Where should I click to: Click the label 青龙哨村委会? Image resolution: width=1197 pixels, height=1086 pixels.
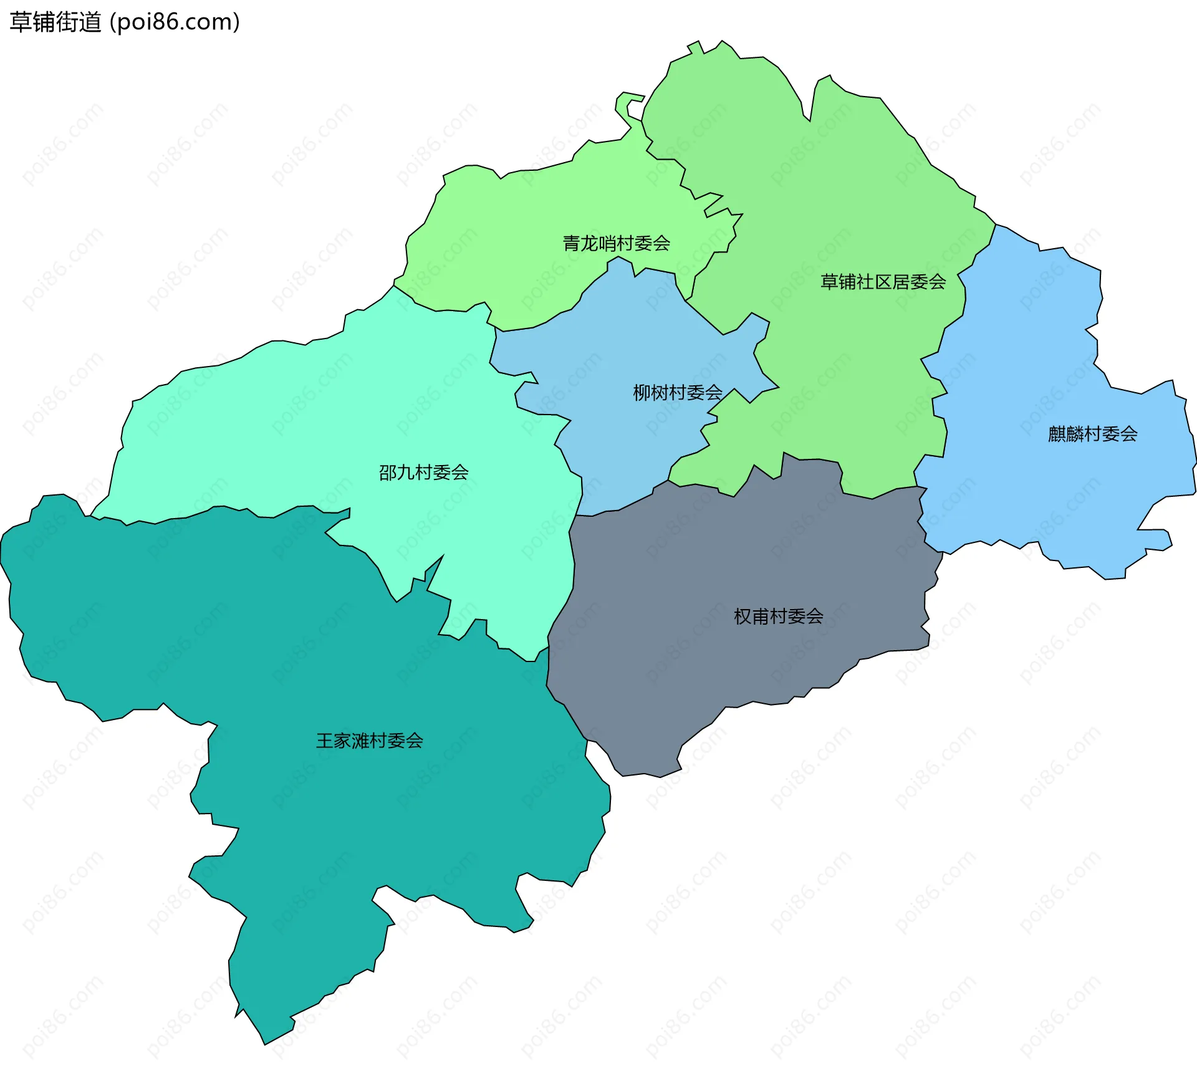coord(616,243)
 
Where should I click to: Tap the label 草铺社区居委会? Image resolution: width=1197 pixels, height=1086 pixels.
coord(883,282)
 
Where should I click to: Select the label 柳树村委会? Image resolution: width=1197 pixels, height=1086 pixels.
coord(677,392)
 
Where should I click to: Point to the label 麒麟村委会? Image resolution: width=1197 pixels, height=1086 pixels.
coord(1092,434)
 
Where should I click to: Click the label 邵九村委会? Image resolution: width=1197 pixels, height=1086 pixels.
coord(423,473)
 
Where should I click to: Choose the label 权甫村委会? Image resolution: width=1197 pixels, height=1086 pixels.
coord(778,617)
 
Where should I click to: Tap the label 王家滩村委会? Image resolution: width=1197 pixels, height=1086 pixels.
coord(369,741)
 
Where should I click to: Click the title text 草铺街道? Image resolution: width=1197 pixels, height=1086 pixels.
coord(55,22)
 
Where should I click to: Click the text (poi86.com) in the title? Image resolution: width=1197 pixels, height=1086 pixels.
coord(175,22)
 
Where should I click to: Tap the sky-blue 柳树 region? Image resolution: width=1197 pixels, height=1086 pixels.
coord(623,349)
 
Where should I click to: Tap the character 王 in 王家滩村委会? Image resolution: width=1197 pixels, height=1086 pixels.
coord(325,741)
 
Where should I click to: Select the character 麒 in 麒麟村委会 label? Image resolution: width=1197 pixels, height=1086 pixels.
coord(1056,434)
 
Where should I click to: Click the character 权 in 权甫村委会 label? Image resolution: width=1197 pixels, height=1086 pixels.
coord(743,617)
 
